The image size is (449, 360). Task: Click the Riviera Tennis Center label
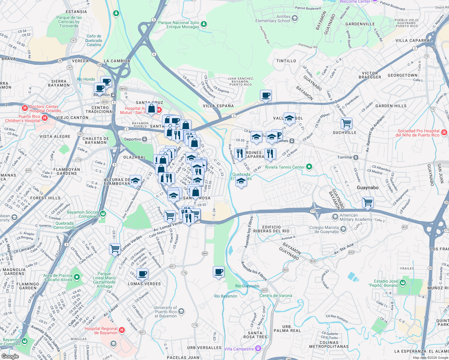coord(285,167)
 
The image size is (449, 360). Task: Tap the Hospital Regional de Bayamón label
coord(101,331)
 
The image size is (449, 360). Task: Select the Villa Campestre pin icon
coord(258,349)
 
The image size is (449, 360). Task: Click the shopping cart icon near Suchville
coord(346,123)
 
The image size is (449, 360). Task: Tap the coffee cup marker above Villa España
coord(266,95)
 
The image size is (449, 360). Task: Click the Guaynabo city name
coord(367,187)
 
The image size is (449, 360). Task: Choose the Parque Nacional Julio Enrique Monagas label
coord(179,25)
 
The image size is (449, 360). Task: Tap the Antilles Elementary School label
coord(273,19)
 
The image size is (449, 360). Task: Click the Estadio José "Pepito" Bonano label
coord(386,283)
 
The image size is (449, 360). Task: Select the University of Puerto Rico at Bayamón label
coord(166,312)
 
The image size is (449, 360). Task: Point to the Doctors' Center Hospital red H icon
coord(25,108)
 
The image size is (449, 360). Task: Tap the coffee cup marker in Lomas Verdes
coord(143,274)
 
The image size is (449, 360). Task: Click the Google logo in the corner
coord(10,356)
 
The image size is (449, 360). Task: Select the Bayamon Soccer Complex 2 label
coord(83,214)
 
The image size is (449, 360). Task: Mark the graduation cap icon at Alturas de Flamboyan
coord(135,181)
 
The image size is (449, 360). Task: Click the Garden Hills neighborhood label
coord(391,106)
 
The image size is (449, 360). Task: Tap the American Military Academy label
coord(356,217)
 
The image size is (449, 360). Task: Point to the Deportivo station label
coord(133,139)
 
